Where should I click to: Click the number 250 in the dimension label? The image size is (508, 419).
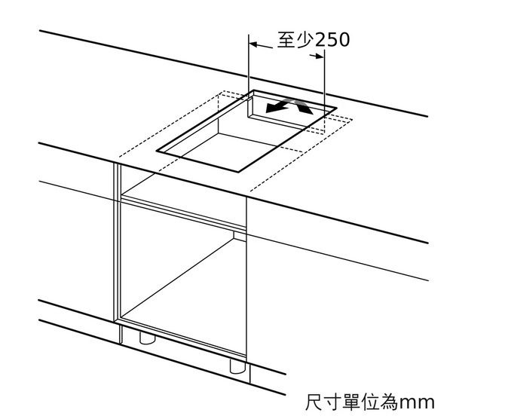coord(332,40)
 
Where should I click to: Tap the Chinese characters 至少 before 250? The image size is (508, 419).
coord(295,40)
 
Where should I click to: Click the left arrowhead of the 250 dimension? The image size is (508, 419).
coord(253,44)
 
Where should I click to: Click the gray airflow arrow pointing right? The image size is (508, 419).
coord(303,106)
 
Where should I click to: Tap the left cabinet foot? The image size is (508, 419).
coord(147,338)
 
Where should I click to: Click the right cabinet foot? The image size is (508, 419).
coord(237,367)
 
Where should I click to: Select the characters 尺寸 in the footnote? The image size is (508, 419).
coord(323,402)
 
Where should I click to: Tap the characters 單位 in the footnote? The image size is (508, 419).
coord(360,402)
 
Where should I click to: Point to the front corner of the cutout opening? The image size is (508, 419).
coord(239,171)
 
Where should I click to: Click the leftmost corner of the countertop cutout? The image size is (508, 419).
coord(157,151)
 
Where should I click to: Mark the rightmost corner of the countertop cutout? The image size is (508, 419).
coord(336,109)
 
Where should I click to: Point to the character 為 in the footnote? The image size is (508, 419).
coord(388,402)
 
